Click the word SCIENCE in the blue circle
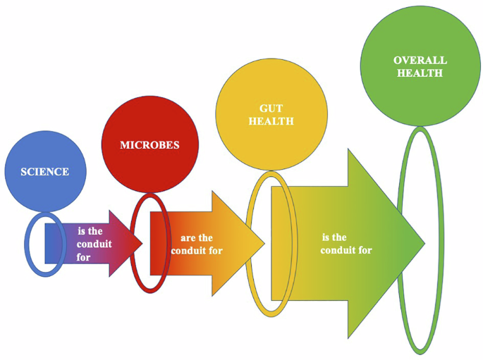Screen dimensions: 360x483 pyautogui.click(x=45, y=172)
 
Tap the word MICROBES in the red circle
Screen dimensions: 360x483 pyautogui.click(x=149, y=145)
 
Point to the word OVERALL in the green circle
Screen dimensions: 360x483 pyautogui.click(x=420, y=61)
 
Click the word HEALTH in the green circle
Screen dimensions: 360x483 pyautogui.click(x=420, y=73)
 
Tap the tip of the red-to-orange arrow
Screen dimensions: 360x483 pyautogui.click(x=264, y=244)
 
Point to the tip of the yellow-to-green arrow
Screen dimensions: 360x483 pyautogui.click(x=424, y=244)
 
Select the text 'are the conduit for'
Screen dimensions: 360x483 pyautogui.click(x=191, y=244)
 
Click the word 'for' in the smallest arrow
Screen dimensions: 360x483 pyautogui.click(x=84, y=257)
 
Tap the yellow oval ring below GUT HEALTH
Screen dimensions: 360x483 pyautogui.click(x=249, y=243)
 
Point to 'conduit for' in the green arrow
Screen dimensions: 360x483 pyautogui.click(x=346, y=250)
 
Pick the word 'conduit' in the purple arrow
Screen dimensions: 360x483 pyautogui.click(x=93, y=244)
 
